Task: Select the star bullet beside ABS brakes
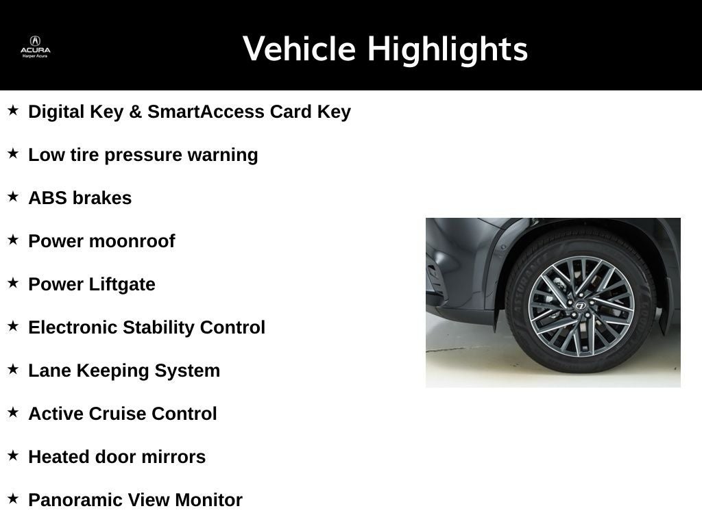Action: tap(13, 197)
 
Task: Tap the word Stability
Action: tap(158, 327)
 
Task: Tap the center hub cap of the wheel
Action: tap(581, 305)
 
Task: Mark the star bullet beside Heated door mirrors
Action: tap(13, 455)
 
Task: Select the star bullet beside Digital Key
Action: tap(13, 110)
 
